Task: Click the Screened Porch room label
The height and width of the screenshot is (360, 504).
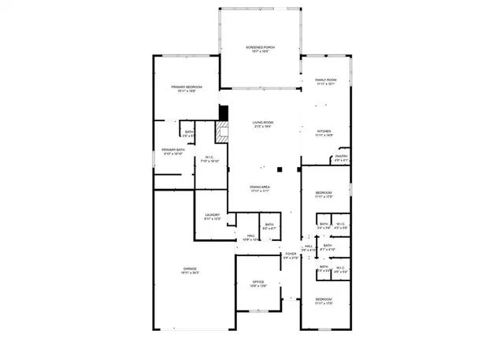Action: click(261, 47)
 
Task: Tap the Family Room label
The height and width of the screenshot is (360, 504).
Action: click(326, 80)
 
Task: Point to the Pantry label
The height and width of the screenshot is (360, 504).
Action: click(341, 156)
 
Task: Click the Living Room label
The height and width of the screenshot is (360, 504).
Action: click(262, 122)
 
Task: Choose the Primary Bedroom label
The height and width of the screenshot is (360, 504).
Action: click(187, 87)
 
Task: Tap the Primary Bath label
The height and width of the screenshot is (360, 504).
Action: click(173, 150)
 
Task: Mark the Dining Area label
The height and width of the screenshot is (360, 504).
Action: click(260, 187)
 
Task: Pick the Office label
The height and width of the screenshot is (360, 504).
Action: click(258, 281)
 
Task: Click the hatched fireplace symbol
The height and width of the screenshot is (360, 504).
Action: click(223, 132)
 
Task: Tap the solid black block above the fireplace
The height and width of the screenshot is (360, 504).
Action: click(223, 112)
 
